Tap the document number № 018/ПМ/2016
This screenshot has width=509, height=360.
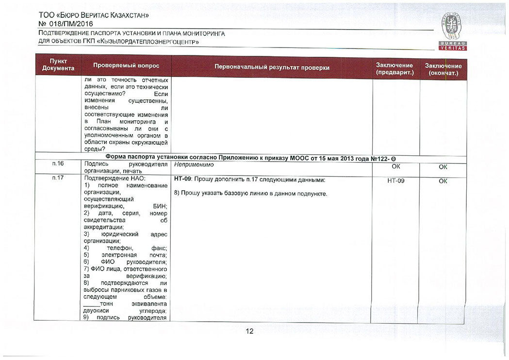66,24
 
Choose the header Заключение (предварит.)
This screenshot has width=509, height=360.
394,68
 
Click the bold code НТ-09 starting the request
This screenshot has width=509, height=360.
182,180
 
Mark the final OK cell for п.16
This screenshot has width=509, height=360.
443,167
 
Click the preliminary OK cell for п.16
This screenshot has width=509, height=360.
396,167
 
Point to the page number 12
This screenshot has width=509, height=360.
249,331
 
